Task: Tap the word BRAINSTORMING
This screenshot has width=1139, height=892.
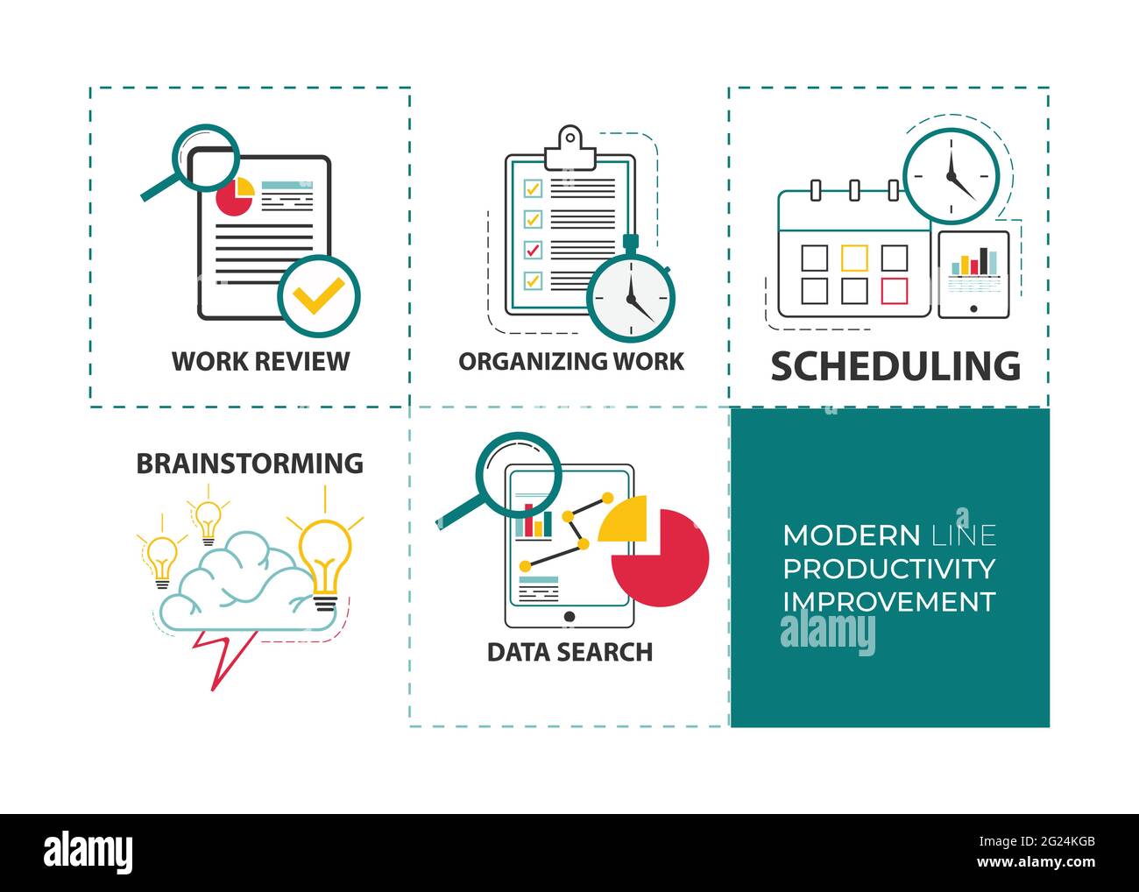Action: point(250,464)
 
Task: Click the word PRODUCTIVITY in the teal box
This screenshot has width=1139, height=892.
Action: point(889,569)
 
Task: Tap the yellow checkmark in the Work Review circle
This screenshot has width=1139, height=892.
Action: point(318,295)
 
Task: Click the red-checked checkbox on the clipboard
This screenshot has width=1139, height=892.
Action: point(533,250)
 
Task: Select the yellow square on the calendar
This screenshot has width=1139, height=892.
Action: point(854,258)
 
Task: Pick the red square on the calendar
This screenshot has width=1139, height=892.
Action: point(895,291)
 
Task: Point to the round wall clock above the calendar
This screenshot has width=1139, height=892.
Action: point(951,177)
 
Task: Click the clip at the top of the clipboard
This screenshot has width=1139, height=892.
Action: point(569,148)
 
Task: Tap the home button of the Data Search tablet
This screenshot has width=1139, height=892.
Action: point(569,616)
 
